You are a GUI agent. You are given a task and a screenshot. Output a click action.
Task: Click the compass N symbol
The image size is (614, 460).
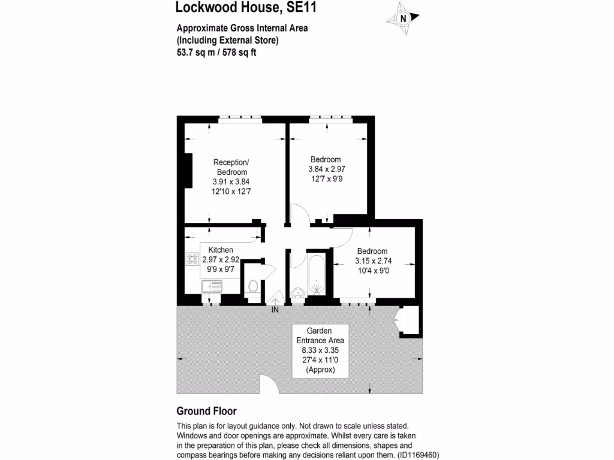[x=404, y=18]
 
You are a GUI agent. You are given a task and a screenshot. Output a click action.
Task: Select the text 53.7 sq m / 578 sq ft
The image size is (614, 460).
[x=216, y=52]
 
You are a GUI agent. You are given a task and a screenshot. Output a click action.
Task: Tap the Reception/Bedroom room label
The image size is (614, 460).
[x=231, y=167]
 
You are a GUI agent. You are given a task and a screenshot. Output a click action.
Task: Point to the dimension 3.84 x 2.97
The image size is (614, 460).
[x=326, y=169]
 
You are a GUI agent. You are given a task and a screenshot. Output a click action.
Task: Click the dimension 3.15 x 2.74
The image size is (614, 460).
[x=372, y=261]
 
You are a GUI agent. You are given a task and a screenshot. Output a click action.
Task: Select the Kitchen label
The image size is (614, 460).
[x=221, y=250]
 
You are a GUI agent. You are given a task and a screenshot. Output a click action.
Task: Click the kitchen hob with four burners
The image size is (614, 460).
[x=192, y=259]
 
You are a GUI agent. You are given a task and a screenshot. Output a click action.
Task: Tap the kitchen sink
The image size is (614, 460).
[x=211, y=286]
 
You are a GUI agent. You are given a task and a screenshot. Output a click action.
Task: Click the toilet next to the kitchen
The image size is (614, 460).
[x=253, y=287]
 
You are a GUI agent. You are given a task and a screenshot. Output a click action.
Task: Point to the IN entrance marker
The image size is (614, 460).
[x=275, y=310]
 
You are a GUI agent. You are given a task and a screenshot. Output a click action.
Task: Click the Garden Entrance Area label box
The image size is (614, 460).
[x=320, y=350]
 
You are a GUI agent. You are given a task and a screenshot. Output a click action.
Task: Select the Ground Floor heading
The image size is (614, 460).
[x=206, y=411]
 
